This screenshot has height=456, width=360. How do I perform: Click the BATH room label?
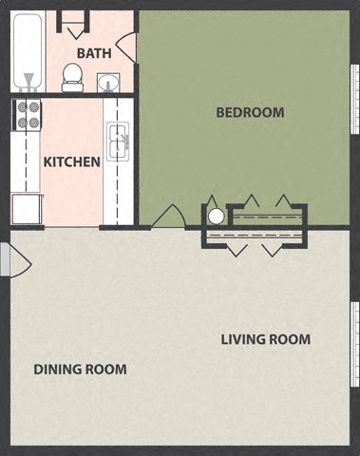pos(94,53)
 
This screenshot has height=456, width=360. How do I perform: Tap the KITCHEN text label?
pos(71,161)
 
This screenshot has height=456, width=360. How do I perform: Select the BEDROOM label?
pos(250,112)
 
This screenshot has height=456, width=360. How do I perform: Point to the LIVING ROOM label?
pos(265,339)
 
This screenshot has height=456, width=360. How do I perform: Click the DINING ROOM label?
pos(80,369)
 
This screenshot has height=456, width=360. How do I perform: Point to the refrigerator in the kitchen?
pos(26,208)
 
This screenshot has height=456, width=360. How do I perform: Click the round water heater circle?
pos(216,216)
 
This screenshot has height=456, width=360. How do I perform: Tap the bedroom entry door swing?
pos(169,217)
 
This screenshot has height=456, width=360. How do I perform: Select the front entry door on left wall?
pos(5,259)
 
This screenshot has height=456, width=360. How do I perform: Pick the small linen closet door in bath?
pos(70,21)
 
